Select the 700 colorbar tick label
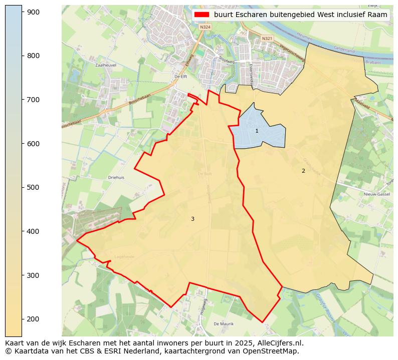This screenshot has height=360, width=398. [x=34, y=100]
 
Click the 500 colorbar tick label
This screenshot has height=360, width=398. [x=34, y=187]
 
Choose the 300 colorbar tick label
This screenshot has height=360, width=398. [x=34, y=275]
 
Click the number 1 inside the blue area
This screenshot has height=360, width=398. [x=257, y=131]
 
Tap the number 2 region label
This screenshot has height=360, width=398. [x=303, y=171]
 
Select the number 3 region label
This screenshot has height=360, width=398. [x=192, y=219]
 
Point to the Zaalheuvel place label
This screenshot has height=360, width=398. [x=106, y=65]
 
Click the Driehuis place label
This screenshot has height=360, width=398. [x=116, y=177]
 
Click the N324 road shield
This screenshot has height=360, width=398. [x=204, y=27]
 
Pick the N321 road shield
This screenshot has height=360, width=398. [x=267, y=38]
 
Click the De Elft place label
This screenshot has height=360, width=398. [x=180, y=76]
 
